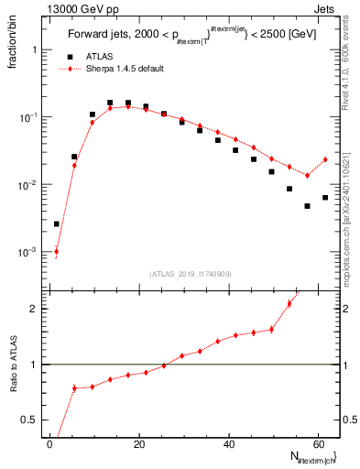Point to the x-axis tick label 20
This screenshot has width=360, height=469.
pos(138,443)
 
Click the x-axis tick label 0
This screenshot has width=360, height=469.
pos(49,443)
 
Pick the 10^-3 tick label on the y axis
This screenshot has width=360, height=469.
pos(29,252)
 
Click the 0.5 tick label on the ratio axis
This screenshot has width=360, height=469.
pos(34,420)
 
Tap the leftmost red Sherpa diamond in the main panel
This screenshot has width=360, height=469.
pos(56,251)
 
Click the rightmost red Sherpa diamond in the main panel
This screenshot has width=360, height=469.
pos(324,159)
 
